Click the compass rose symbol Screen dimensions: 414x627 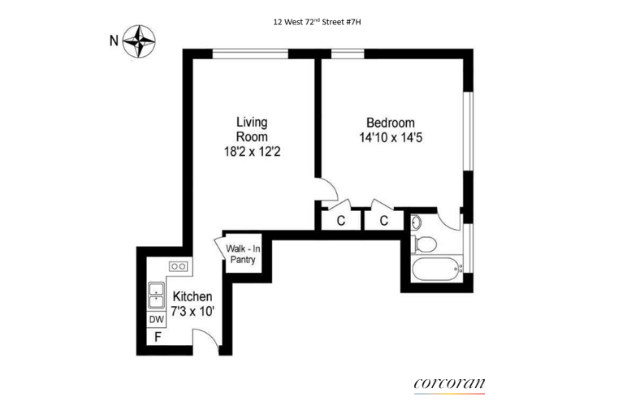[140, 41]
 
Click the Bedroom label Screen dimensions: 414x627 [391, 123]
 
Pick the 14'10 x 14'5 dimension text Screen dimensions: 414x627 [391, 138]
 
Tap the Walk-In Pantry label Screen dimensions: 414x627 [241, 254]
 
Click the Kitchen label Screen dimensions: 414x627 [192, 297]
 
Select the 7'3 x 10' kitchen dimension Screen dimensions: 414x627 [192, 312]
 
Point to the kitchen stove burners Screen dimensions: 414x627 [178, 266]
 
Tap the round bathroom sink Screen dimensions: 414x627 [417, 221]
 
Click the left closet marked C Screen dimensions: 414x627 [341, 220]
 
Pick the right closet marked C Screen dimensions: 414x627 [384, 220]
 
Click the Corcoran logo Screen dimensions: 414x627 [449, 384]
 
